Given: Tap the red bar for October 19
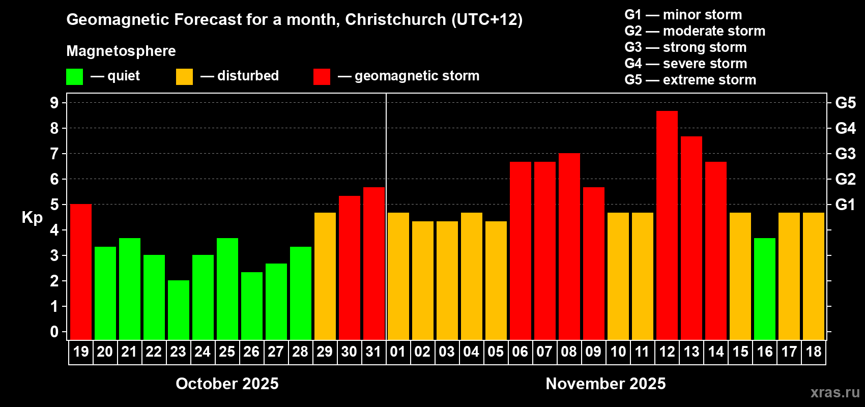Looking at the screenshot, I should click(81, 272).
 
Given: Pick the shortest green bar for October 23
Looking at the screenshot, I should click(179, 310).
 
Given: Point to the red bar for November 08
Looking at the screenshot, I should click(569, 246).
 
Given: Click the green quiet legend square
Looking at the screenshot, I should click(74, 77).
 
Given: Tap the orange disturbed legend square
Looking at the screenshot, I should click(184, 77).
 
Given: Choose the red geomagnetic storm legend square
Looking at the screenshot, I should click(322, 77).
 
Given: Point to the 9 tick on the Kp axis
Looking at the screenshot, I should click(54, 103).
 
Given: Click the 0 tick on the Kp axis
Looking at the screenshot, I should click(54, 332).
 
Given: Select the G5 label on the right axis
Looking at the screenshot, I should click(845, 103).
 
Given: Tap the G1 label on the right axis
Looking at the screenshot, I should click(845, 205).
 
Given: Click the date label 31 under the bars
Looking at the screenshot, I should click(373, 352).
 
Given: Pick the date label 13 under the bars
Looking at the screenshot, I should click(691, 352).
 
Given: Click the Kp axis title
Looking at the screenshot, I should click(32, 217).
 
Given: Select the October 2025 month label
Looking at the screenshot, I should click(227, 384).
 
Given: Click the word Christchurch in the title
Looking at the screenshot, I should click(395, 19).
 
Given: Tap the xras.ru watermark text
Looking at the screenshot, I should click(834, 392).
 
